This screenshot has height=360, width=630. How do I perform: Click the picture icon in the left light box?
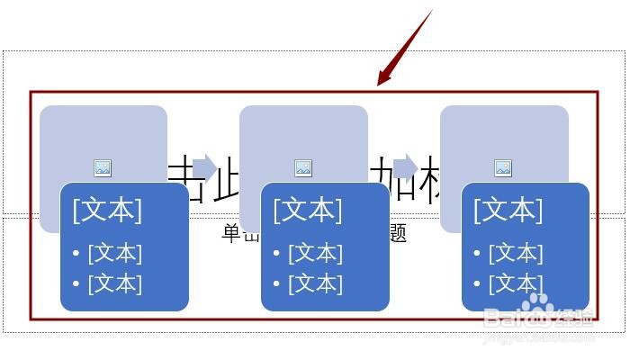point(103,167)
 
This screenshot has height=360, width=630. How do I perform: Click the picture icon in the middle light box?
point(303,167)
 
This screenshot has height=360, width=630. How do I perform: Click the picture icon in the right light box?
point(503,167)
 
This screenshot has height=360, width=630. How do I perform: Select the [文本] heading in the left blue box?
point(107,210)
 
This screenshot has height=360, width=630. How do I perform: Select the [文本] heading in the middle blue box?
point(308,210)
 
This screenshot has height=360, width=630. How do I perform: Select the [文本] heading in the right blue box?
point(508,210)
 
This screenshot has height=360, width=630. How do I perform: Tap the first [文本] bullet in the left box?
point(114,253)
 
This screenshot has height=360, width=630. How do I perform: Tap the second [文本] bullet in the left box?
point(114,283)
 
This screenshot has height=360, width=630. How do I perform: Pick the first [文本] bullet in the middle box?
point(315,253)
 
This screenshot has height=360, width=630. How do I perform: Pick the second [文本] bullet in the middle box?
point(315,283)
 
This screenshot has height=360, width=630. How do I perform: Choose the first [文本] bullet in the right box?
point(516,253)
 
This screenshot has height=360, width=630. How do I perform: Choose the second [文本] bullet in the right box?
point(516,283)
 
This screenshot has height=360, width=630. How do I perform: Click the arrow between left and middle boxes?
point(204,167)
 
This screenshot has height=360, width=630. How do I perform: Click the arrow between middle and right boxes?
point(405,167)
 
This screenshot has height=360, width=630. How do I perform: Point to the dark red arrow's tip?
point(379,85)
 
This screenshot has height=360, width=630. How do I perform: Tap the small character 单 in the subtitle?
point(230,234)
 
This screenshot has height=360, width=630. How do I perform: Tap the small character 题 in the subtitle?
point(398,234)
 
